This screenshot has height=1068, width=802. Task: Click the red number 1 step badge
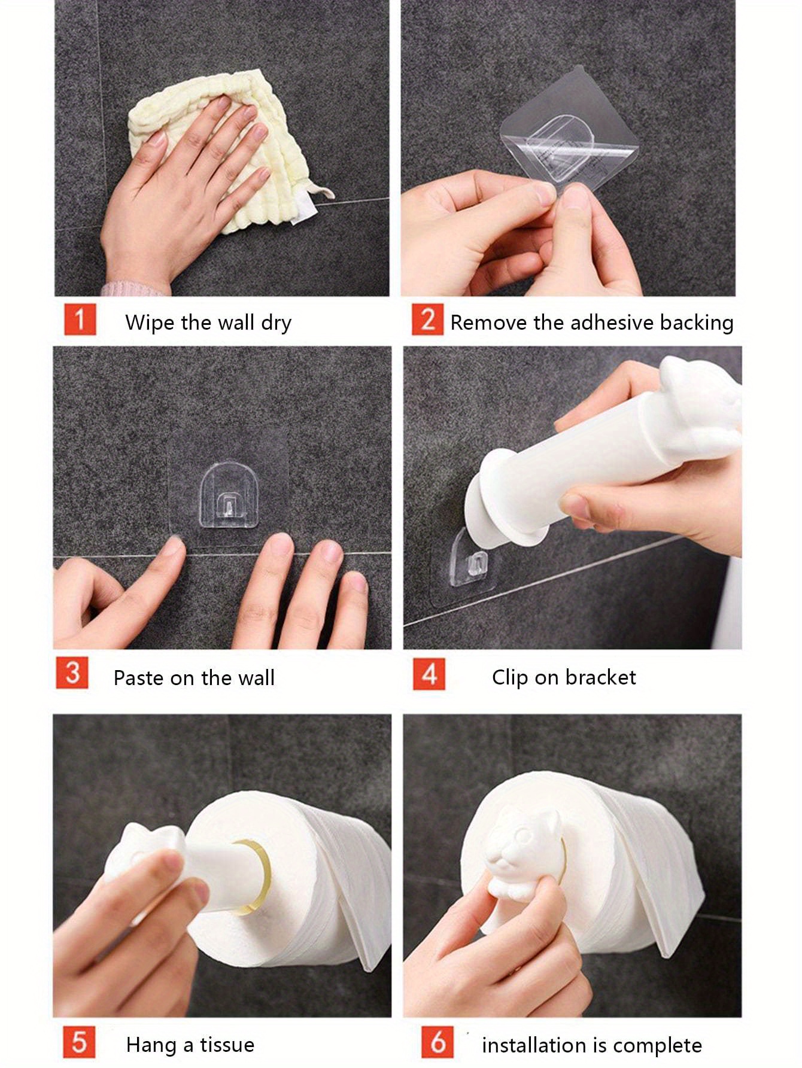click(x=80, y=319)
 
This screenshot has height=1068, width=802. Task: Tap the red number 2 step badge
click(x=427, y=319)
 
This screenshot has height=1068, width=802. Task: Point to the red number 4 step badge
click(x=429, y=674)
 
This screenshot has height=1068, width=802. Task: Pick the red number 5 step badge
click(x=79, y=1042)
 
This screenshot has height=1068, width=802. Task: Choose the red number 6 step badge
click(x=438, y=1042)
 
